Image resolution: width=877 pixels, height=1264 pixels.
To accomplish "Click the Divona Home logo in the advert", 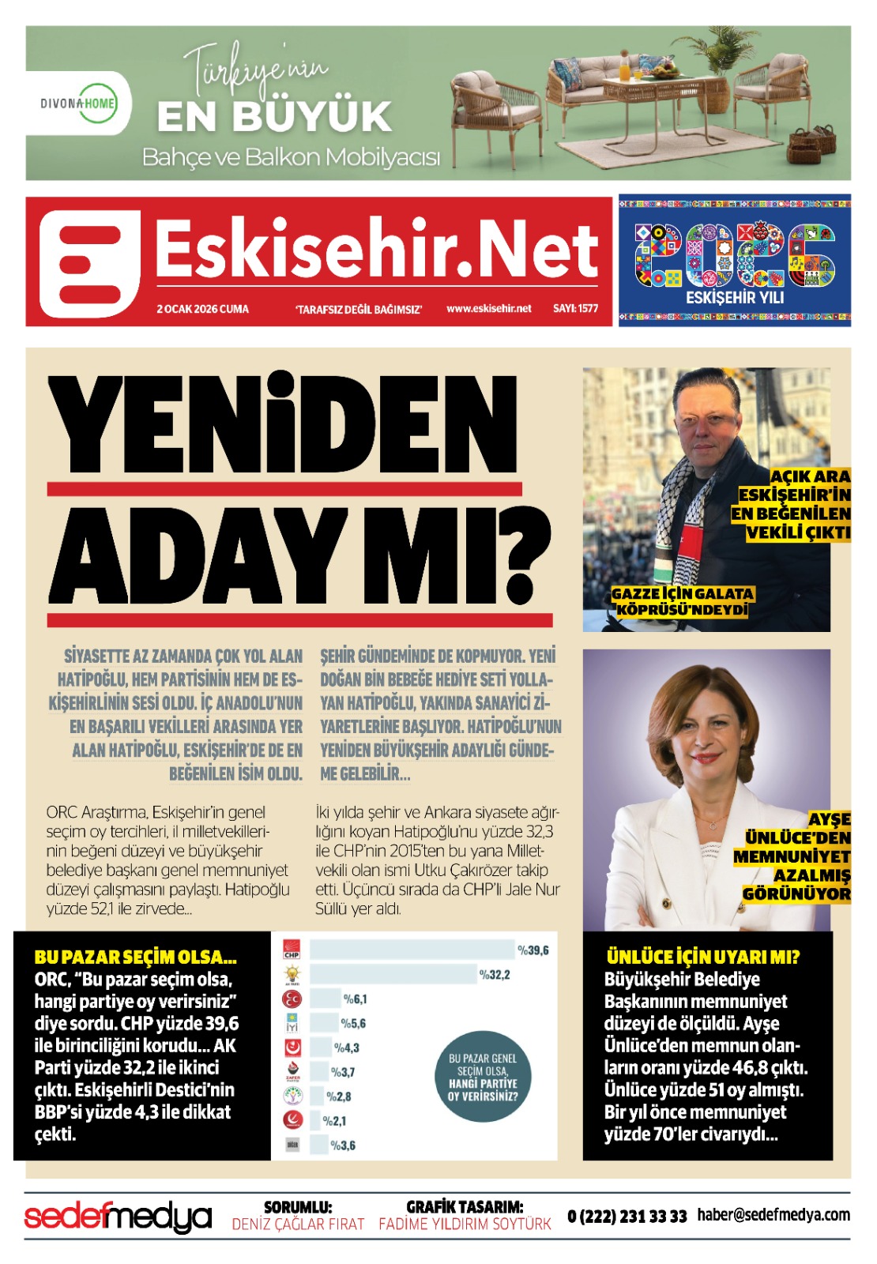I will coord(79,103).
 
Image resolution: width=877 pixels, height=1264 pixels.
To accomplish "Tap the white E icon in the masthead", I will coord(89,263).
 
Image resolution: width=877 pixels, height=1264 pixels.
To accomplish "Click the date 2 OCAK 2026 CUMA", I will coord(202,309).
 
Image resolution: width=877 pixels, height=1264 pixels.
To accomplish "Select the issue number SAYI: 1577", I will coord(575,308).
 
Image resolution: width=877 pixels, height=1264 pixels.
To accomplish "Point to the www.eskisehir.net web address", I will coord(488,308).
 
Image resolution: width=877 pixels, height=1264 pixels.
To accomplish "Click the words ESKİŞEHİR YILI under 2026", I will coord(734,298).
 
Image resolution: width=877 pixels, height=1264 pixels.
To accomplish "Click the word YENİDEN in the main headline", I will coord(283,427).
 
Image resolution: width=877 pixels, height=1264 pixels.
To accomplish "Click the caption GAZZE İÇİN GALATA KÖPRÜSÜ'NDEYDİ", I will coord(682,601).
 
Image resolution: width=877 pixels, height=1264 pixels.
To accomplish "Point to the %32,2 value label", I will coord(495,975).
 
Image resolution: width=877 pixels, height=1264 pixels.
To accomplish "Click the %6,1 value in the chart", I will coord(355,999).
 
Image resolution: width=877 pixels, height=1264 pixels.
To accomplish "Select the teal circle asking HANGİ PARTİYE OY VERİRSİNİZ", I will coord(482,1078).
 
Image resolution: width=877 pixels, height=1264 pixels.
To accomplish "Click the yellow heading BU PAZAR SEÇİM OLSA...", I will coord(135,957).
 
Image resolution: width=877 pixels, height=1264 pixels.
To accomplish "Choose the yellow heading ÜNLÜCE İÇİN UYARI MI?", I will coord(702,957).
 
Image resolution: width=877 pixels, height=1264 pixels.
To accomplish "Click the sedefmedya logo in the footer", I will coord(118,1217).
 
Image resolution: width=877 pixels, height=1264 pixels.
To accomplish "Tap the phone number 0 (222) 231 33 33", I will coord(627,1217).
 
